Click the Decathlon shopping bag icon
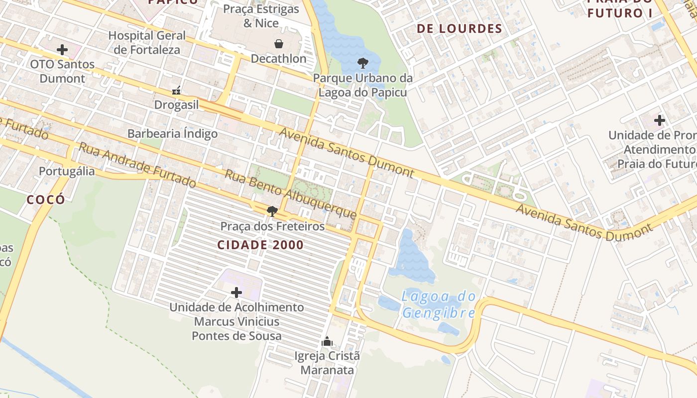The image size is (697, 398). pos(279,44)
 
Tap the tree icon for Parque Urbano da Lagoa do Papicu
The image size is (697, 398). pos(363,63)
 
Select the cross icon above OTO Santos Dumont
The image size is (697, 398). pos(62,50)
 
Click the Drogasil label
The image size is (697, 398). pos(176,105)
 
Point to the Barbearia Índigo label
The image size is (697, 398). pos(172,133)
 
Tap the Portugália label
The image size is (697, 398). pos(67,171)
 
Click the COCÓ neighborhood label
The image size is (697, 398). pos(46,199)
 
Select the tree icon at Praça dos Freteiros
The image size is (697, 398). pos(272,211)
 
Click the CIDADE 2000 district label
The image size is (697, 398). pos(260,245)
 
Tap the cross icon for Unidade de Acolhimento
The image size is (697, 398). pos(236,292)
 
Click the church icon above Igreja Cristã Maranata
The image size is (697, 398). pos(327,341)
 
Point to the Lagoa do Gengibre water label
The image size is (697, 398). pos(439,304)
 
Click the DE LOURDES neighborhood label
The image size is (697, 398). pos(460,28)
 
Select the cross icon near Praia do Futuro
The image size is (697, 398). pos(660,120)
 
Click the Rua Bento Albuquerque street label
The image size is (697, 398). pos(291,194)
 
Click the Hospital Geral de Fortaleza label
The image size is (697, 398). pos(147,42)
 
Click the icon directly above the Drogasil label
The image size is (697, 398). pos(176,91)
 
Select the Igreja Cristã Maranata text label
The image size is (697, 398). pos(327,363)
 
